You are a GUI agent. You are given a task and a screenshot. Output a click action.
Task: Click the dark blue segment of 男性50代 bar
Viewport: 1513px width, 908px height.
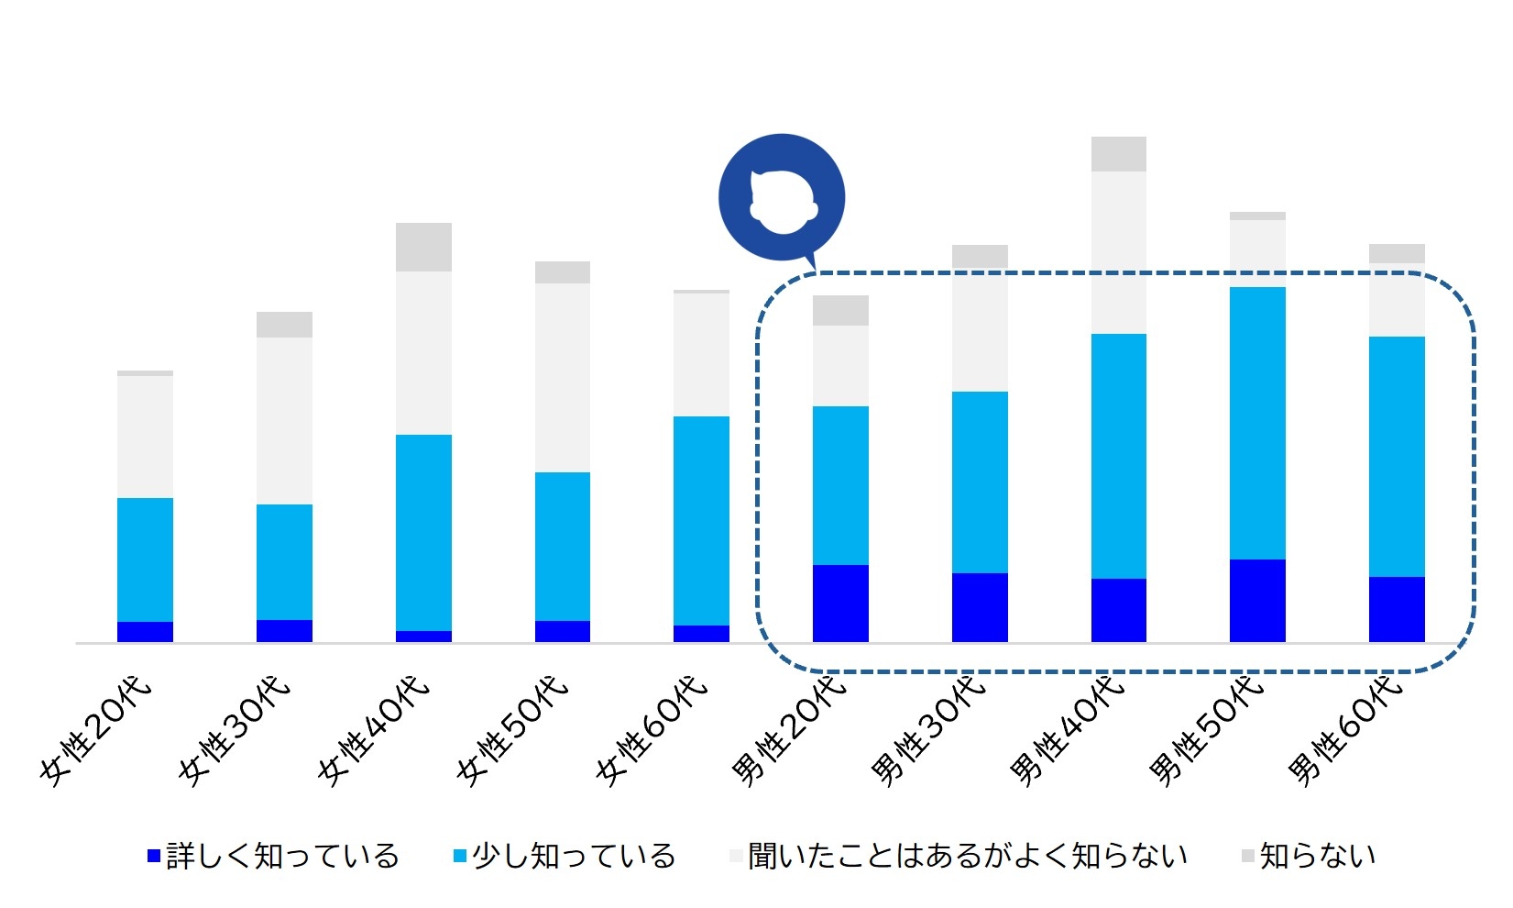click(1257, 601)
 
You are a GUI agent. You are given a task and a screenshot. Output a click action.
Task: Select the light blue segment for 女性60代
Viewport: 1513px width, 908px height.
click(701, 521)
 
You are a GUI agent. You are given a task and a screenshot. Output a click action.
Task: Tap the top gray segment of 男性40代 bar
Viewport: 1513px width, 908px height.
click(1118, 154)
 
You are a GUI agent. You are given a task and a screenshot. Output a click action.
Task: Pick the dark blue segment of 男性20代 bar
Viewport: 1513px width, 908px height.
click(840, 603)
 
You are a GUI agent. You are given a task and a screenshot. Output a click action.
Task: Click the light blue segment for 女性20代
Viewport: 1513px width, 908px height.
click(145, 559)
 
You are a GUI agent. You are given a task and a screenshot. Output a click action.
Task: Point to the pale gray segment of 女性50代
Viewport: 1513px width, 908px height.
click(563, 378)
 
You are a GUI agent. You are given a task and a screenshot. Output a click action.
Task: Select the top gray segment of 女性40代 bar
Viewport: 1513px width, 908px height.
click(423, 247)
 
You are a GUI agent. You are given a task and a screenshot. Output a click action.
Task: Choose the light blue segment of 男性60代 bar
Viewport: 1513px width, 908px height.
click(1397, 457)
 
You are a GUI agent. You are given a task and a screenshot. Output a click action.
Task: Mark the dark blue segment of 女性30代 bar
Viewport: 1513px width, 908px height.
click(284, 631)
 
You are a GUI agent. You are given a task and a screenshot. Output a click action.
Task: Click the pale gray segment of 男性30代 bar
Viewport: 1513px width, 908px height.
click(980, 330)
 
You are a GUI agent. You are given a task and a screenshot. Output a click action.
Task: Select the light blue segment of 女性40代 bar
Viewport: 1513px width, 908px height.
click(423, 533)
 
